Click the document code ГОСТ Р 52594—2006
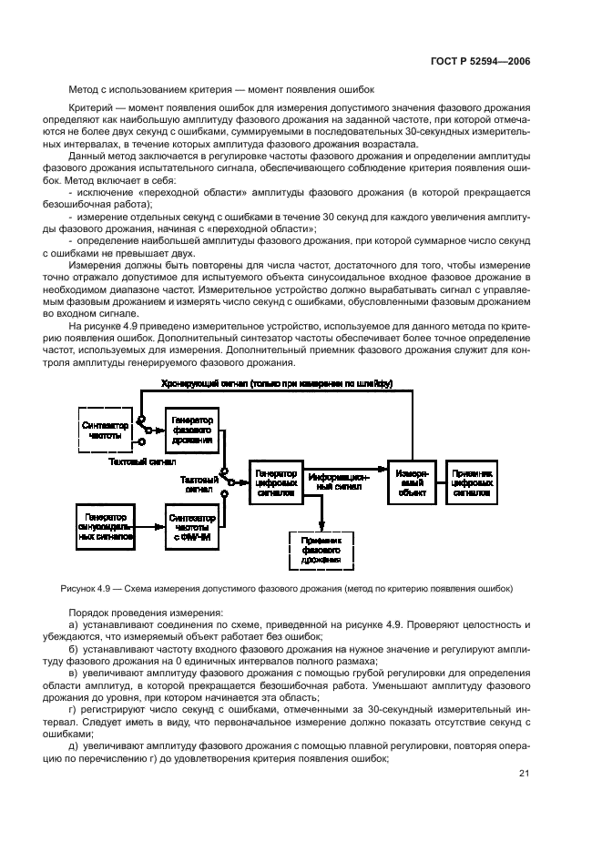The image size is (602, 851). click(481, 60)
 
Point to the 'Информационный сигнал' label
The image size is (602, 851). click(337, 481)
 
